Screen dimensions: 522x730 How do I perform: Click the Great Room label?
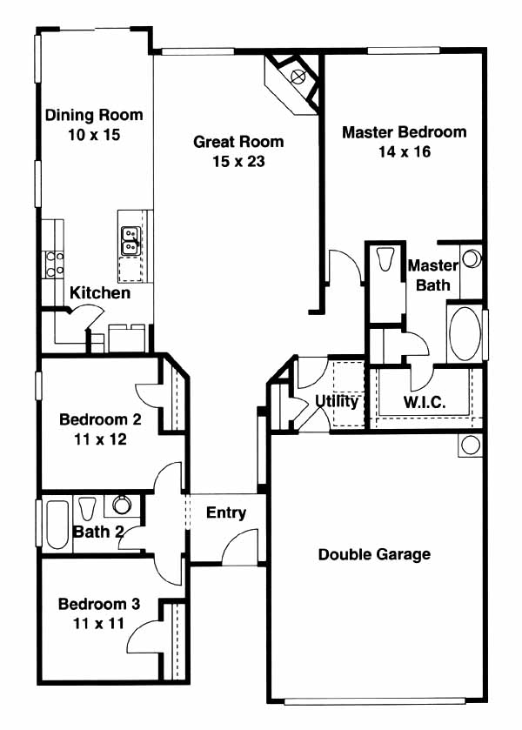point(238,142)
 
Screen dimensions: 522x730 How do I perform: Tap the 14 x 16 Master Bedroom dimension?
point(405,151)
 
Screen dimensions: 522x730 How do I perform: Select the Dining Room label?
point(94,115)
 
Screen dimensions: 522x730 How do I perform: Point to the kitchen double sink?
point(130,241)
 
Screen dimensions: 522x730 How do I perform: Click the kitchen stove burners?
point(55,264)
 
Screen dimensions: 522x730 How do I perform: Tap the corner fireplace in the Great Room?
point(292,83)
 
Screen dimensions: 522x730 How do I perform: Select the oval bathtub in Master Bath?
point(465,333)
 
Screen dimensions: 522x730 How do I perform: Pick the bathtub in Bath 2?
point(57,525)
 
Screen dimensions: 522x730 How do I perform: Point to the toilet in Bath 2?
point(87,508)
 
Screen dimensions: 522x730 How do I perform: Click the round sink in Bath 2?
point(122,505)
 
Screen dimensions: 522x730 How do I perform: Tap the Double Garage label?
point(374,554)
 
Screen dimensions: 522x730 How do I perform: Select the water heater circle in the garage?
point(470,445)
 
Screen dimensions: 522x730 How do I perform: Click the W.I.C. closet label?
point(425,402)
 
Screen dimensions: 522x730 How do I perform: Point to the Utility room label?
point(337,401)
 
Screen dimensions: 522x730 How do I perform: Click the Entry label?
point(226,512)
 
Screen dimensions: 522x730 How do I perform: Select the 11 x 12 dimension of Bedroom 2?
point(101,439)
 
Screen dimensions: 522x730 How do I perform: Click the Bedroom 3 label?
point(98,604)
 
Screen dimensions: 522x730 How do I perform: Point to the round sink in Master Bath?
point(472,259)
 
